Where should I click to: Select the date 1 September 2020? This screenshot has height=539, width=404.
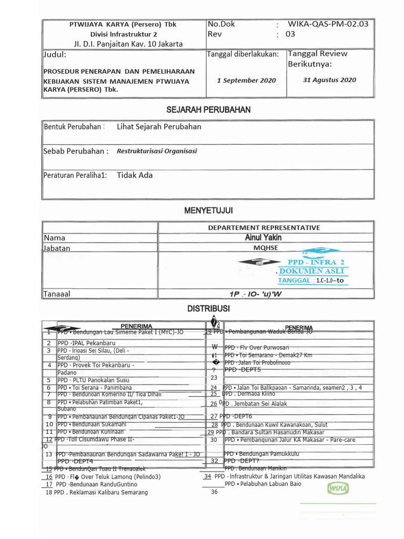click(246, 81)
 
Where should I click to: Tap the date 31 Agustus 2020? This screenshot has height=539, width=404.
click(329, 80)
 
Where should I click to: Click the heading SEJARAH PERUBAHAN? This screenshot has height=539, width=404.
click(208, 109)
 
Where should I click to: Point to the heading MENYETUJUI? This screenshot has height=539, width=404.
click(208, 211)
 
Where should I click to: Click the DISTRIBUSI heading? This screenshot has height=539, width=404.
click(208, 309)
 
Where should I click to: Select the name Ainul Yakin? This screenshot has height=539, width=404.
click(264, 238)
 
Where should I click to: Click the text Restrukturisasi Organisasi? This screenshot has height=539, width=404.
click(157, 151)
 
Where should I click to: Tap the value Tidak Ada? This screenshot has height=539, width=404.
click(135, 175)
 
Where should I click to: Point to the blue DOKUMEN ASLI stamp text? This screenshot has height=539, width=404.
click(312, 271)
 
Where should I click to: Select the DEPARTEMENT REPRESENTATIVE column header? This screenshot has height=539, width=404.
click(264, 227)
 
